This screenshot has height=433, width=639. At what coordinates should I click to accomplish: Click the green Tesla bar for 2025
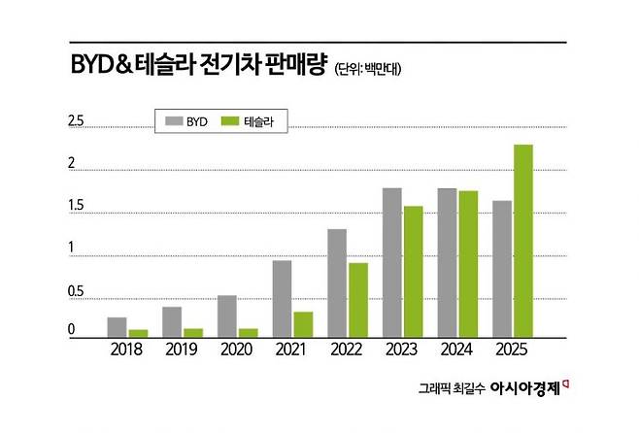tap(523, 241)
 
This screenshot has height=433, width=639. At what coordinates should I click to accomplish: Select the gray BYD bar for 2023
tap(392, 262)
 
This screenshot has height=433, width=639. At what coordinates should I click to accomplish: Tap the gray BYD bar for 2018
tap(117, 327)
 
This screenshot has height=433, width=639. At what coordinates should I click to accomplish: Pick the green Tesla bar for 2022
tap(358, 300)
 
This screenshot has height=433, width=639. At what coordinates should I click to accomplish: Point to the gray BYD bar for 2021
tap(282, 299)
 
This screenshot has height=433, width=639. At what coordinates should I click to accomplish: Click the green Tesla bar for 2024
tap(469, 264)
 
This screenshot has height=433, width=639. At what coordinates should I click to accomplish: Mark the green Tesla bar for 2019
tap(193, 333)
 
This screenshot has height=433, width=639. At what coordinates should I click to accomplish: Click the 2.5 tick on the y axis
tap(76, 121)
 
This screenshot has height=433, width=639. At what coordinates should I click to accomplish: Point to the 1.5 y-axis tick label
tap(76, 207)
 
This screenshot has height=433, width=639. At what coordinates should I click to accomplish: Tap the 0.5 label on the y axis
tap(76, 291)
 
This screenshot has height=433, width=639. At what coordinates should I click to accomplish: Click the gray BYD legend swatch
tap(175, 121)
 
